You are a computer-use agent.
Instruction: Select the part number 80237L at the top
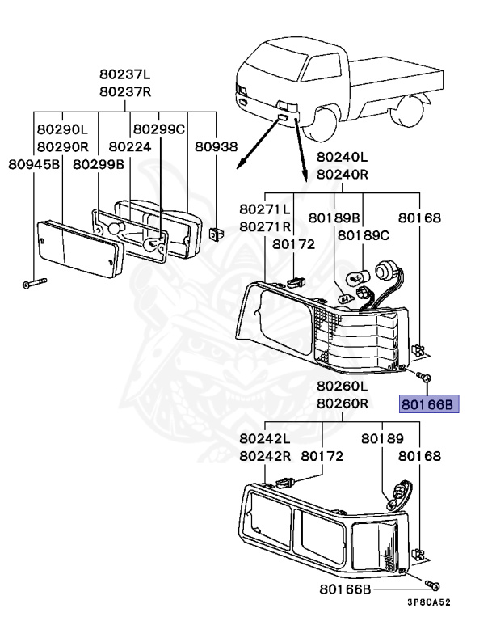click(x=125, y=75)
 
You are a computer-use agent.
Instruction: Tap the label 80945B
click(x=35, y=164)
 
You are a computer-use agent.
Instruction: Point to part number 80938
click(x=216, y=147)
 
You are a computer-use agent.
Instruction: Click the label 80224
click(x=130, y=147)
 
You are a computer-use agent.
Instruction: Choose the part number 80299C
click(x=159, y=129)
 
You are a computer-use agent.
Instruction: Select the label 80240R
click(x=342, y=173)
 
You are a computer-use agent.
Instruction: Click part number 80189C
click(x=363, y=235)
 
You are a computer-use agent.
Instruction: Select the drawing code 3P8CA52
click(x=429, y=602)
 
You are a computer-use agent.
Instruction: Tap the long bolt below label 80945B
click(x=33, y=283)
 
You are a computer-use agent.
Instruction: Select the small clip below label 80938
click(x=216, y=234)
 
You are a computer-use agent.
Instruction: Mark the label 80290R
click(x=61, y=147)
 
